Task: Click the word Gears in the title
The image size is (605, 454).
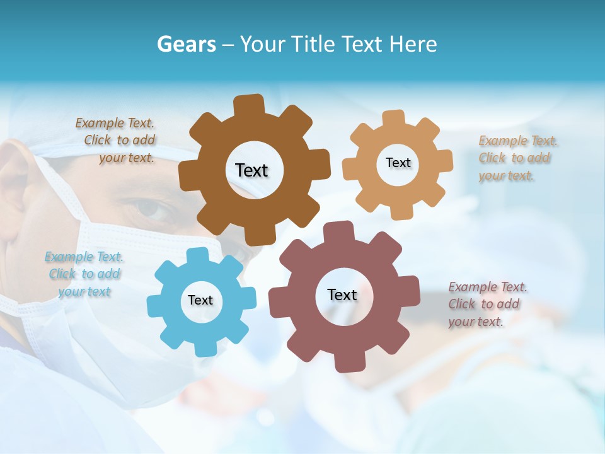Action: coord(186,44)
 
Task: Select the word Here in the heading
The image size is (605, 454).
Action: coord(413,44)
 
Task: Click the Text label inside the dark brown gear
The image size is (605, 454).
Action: coord(251,170)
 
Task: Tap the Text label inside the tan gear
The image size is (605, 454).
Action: coord(398,163)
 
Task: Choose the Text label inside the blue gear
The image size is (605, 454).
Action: coord(200,301)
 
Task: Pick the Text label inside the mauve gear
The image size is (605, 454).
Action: coord(342,295)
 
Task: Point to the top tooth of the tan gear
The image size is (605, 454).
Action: coord(393,118)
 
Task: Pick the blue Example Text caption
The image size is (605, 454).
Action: coord(84,274)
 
